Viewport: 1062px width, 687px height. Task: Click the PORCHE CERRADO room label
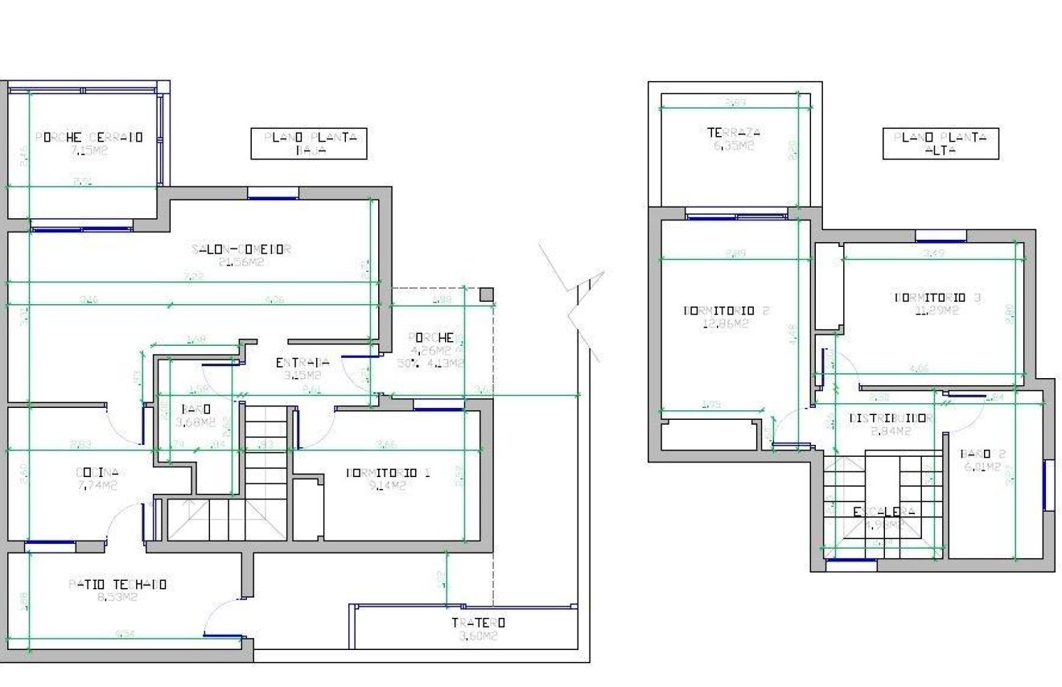(89, 138)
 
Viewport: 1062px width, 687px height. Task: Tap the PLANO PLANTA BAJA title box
(310, 144)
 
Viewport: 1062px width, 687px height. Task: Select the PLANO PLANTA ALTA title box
(940, 144)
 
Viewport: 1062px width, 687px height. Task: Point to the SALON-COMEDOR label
(241, 249)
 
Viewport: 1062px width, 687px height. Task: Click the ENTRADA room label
(303, 363)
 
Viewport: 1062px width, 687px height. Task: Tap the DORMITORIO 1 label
(388, 473)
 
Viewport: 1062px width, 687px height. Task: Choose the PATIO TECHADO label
(118, 585)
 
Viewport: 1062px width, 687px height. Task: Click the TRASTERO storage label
(478, 623)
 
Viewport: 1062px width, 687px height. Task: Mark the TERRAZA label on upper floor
(734, 134)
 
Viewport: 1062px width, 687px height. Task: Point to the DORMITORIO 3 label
(937, 298)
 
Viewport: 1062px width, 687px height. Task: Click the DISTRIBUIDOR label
(879, 418)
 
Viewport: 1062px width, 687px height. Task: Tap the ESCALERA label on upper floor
(883, 512)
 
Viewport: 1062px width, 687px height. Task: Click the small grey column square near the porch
(486, 294)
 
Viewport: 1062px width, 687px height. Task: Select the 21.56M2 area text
(241, 261)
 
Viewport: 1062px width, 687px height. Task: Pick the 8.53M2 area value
(118, 598)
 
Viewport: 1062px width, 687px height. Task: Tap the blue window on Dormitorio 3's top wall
(941, 236)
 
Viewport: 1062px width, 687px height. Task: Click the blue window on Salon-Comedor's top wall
(273, 193)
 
